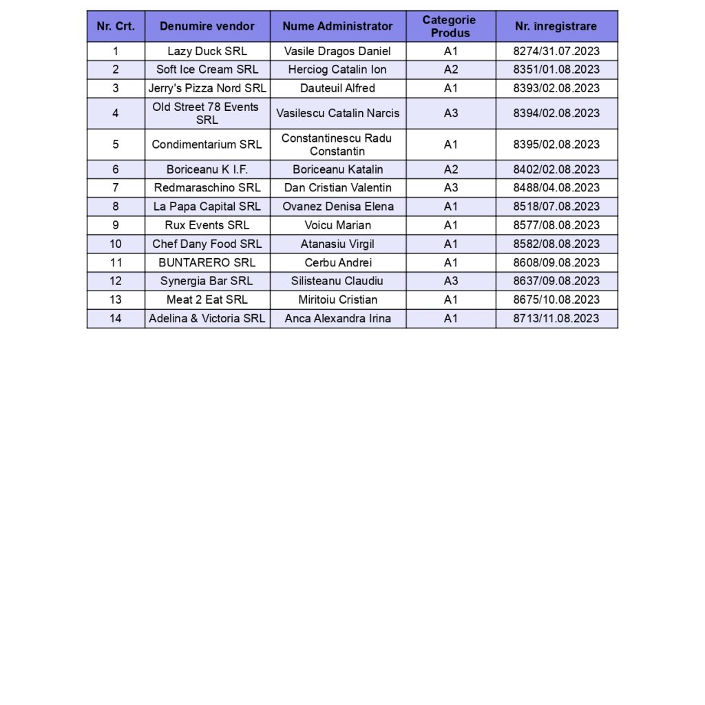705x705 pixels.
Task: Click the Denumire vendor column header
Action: [207, 26]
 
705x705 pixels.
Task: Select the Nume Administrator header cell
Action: [337, 26]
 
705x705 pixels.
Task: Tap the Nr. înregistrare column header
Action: [556, 26]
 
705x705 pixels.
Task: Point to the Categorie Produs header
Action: [450, 26]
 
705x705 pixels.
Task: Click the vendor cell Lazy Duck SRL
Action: [207, 51]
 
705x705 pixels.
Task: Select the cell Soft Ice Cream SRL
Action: [207, 70]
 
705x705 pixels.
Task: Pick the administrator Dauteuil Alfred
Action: [337, 88]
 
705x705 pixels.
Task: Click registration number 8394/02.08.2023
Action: [556, 113]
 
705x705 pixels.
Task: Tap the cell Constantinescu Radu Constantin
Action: [337, 145]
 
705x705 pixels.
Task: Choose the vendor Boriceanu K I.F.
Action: [207, 169]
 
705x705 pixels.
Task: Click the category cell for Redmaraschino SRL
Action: [450, 188]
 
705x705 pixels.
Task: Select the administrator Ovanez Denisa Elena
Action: [337, 207]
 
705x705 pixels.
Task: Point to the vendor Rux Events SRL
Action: [207, 225]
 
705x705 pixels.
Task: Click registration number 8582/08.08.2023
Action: [556, 244]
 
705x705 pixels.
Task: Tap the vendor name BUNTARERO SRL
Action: [207, 262]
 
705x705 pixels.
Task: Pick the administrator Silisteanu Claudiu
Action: [337, 281]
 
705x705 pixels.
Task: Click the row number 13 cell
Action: [115, 299]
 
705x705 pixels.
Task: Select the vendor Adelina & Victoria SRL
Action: [207, 318]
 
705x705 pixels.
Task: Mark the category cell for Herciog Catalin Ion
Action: [450, 70]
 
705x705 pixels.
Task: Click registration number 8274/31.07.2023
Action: [556, 51]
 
